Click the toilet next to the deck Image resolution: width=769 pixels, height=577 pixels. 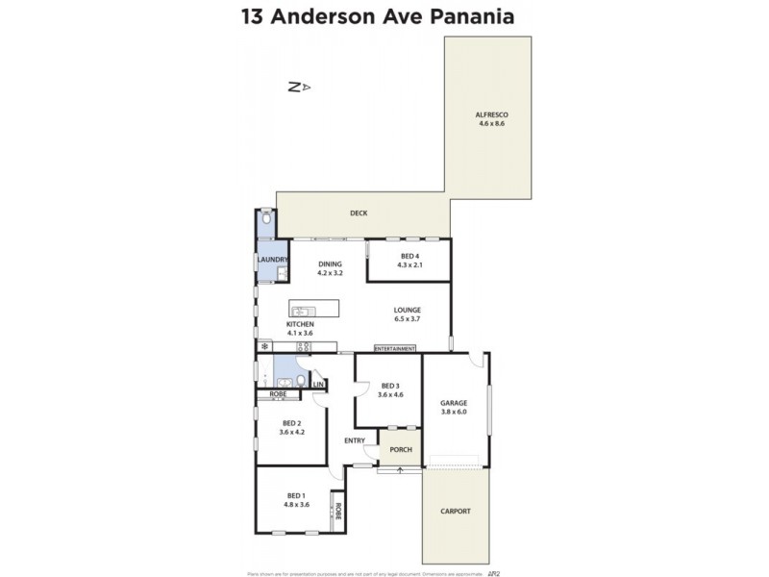(x=266, y=220)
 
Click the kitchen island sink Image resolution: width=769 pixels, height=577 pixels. (x=299, y=312)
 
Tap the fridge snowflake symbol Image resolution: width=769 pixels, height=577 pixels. (x=262, y=346)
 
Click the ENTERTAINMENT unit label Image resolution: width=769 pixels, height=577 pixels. (x=394, y=348)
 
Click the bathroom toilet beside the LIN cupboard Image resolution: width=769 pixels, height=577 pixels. (x=302, y=382)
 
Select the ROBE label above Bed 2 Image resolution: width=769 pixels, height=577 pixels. (x=278, y=394)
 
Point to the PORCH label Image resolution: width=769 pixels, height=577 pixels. (x=401, y=449)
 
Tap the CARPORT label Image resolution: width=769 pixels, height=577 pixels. (x=455, y=511)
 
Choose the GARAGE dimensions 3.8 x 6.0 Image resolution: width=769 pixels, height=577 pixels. (x=454, y=412)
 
